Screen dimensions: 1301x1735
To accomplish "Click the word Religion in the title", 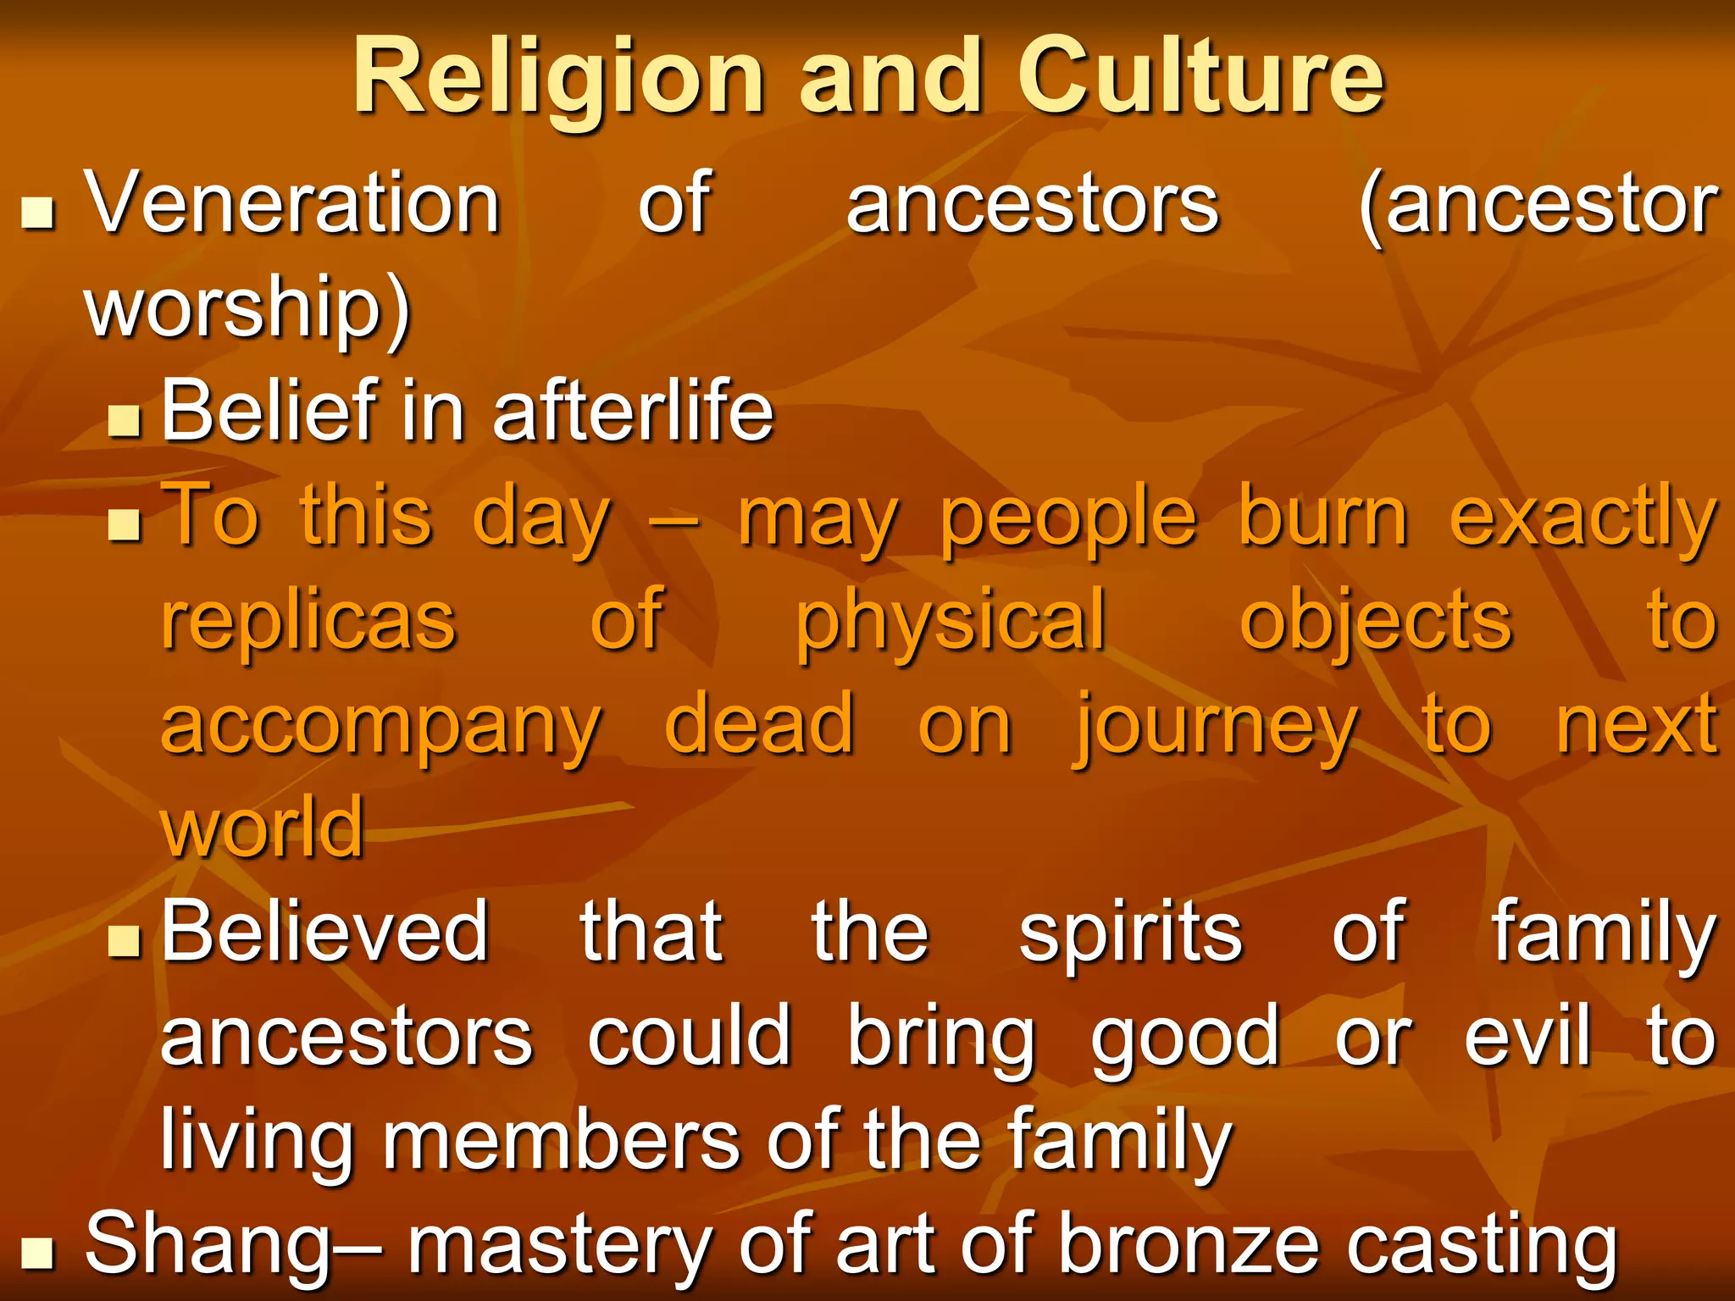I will (x=559, y=78).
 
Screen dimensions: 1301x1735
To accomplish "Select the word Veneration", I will (x=293, y=203).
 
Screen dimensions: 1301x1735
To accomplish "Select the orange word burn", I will (x=1322, y=516).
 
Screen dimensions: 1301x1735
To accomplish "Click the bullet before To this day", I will (x=125, y=524).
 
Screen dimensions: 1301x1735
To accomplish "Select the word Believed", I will (x=325, y=932).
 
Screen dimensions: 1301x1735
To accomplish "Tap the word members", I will (x=562, y=1140).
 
